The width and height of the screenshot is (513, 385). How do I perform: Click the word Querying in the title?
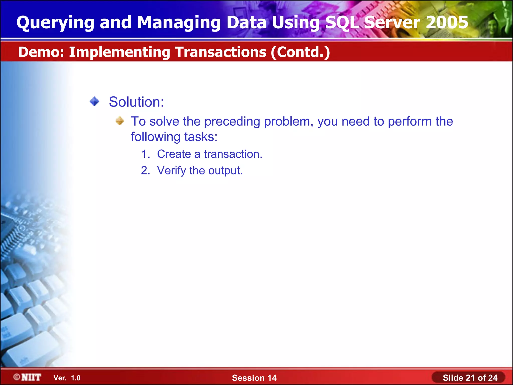coord(55,23)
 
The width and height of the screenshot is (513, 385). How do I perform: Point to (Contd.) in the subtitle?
coord(300,52)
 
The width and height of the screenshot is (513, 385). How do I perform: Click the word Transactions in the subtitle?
coord(220,52)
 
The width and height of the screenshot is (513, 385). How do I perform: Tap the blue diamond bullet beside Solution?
coord(94,102)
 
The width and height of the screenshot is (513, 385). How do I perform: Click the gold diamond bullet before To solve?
coord(120,121)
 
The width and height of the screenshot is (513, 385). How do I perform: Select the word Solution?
coord(136,102)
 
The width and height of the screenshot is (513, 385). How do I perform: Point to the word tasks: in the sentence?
coord(201,137)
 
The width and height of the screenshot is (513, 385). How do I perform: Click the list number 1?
coord(145,154)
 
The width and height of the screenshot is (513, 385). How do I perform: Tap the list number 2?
coord(145,170)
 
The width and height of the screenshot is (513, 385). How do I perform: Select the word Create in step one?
coord(174,154)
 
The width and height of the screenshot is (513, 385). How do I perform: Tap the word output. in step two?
coord(225,171)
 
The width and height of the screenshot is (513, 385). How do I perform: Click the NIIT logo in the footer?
coord(28,377)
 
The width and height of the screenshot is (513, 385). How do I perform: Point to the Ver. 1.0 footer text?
coord(67,378)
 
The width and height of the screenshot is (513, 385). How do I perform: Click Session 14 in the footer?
coord(254,378)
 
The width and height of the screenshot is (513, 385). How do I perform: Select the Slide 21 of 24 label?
coord(470,377)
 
